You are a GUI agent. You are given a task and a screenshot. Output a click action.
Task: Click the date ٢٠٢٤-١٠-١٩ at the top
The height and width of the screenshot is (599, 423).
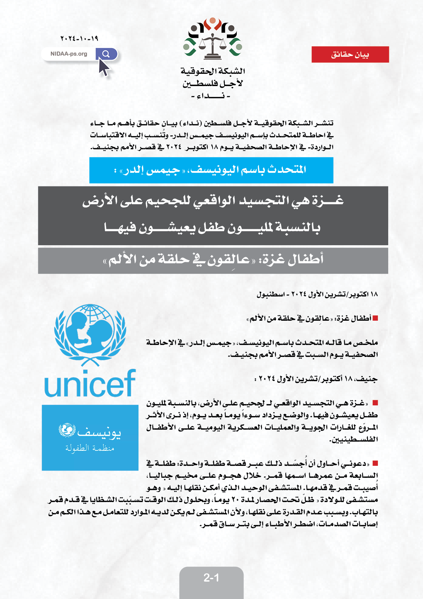tap(79, 38)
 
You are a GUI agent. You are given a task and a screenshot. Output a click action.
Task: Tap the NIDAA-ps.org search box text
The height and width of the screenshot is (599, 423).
tap(69, 54)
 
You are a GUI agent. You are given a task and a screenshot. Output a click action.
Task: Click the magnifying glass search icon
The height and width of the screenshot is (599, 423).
tap(106, 54)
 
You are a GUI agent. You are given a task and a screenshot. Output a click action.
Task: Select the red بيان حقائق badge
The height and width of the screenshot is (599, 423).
tap(350, 55)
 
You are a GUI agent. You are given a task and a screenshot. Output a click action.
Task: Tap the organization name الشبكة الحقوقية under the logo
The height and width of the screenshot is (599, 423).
tap(213, 71)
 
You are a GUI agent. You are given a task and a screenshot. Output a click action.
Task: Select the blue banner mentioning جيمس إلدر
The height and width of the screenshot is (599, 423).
tap(211, 170)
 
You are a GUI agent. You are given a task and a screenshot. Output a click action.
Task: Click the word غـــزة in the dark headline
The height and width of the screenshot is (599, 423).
tap(324, 200)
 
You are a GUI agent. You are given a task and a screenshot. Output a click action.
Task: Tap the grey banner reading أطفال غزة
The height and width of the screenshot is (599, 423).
tap(213, 261)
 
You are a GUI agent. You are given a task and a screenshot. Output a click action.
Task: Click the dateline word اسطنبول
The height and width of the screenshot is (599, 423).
tap(271, 294)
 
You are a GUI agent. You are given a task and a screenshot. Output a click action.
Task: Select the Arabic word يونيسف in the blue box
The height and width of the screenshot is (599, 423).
tap(99, 433)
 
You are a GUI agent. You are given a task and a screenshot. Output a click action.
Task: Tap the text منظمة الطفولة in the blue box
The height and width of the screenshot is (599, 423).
tap(90, 448)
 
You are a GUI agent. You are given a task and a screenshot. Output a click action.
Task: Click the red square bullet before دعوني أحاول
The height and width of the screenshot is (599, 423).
tap(375, 463)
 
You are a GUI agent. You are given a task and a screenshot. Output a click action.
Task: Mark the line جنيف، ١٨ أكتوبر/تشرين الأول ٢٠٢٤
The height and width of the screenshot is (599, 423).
tap(316, 379)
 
